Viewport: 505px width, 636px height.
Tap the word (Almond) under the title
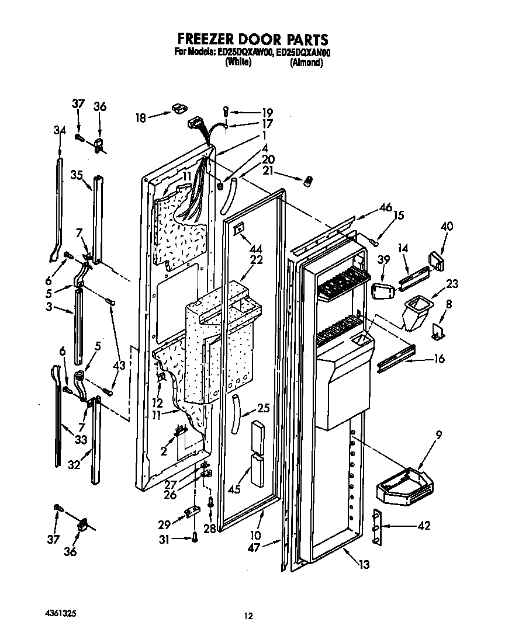tap(306, 63)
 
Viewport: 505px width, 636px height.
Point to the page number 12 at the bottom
tap(248, 615)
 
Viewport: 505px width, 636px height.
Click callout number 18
tap(141, 117)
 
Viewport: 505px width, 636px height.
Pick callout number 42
tap(424, 526)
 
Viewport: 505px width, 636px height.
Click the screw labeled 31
tap(194, 538)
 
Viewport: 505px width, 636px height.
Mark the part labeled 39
tap(380, 291)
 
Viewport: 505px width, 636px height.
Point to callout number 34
tap(60, 131)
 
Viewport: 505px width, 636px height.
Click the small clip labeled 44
tap(238, 230)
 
